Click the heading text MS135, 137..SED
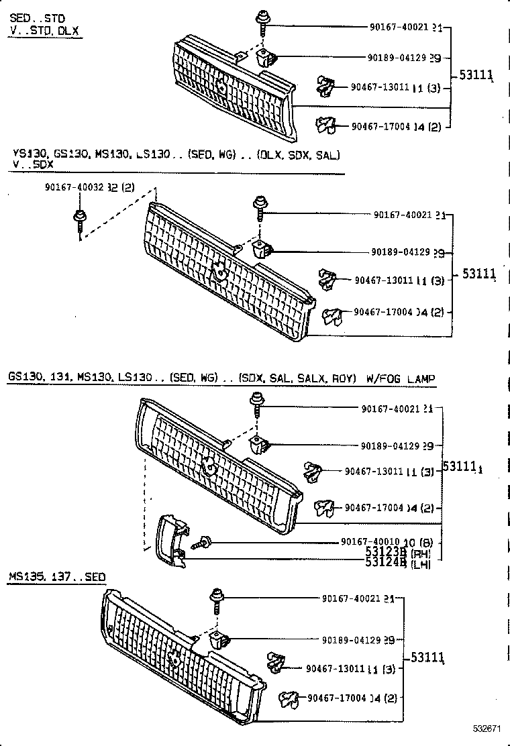pyautogui.click(x=56, y=577)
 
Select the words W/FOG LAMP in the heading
pyautogui.click(x=401, y=379)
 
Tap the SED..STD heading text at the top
pyautogui.click(x=37, y=19)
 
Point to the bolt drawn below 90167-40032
pyautogui.click(x=80, y=221)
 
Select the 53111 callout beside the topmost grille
pyautogui.click(x=475, y=76)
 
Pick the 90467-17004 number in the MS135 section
pyautogui.click(x=337, y=698)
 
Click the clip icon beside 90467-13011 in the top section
pyautogui.click(x=326, y=86)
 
